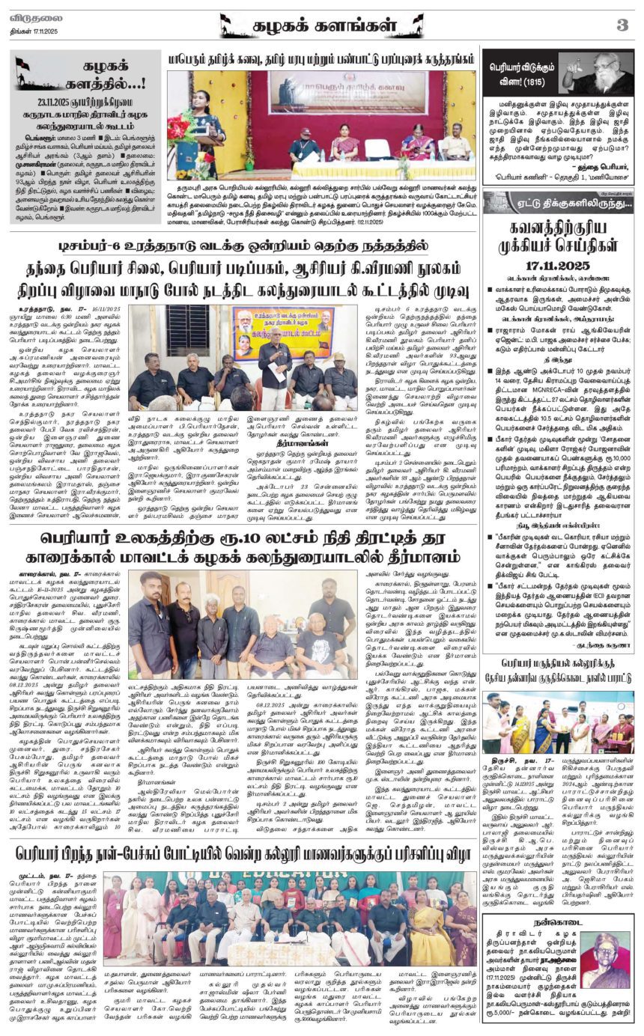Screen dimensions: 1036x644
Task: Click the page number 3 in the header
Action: pyautogui.click(x=622, y=25)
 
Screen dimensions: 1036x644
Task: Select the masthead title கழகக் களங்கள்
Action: pyautogui.click(x=322, y=25)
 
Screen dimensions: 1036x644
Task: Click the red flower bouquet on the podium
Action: pyautogui.click(x=180, y=128)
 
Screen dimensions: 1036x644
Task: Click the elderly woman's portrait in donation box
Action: pyautogui.click(x=607, y=963)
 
